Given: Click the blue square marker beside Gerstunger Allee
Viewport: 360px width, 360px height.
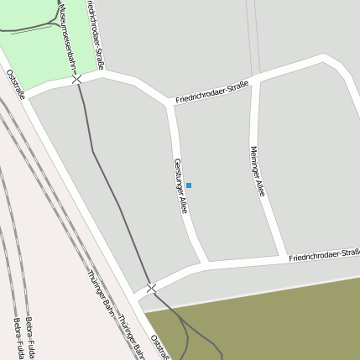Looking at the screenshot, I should coord(189,185).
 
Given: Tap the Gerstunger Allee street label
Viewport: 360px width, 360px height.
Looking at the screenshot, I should coord(180,185).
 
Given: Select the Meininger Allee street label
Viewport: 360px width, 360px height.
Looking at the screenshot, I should coord(257,171).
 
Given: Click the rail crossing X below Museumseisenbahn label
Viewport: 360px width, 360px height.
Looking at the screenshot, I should coord(76,80).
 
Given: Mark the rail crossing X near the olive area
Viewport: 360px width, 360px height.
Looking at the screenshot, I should coord(151,288).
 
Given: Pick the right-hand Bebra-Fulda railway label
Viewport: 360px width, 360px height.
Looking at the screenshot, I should coord(31,338).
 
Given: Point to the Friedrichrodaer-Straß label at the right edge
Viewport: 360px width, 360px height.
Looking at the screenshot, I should coord(325,254).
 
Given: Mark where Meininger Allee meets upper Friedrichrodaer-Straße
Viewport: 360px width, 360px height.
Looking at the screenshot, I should coord(256,81).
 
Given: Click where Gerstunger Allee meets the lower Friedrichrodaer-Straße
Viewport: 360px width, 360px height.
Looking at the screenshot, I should coord(202,265).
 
